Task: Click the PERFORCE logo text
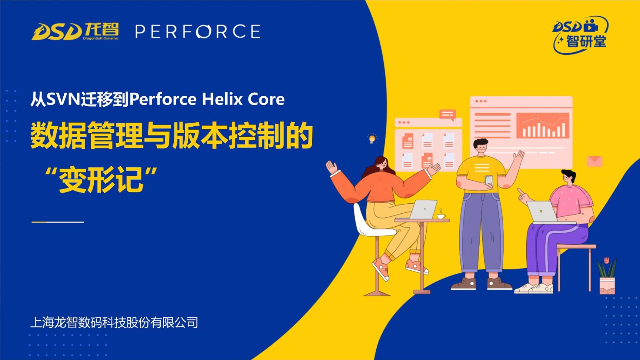pos(198,31)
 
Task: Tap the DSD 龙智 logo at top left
pos(75,31)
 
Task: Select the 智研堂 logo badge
pos(580,36)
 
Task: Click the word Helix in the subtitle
pos(222,99)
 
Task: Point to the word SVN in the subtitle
pos(63,99)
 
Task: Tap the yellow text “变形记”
pos(101,180)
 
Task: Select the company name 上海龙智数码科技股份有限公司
pos(114,322)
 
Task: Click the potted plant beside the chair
pos(607,276)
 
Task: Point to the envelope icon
pos(594,161)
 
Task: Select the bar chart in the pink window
pos(543,126)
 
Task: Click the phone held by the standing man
pos(489,180)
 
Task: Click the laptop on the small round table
pos(424,209)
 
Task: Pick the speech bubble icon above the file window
pos(447,114)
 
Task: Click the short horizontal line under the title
pos(58,222)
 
